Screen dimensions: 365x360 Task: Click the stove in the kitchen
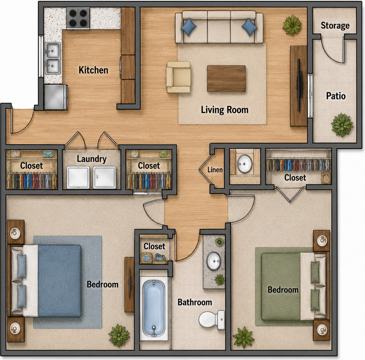(x=78, y=18)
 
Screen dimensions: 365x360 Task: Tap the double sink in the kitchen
(x=53, y=59)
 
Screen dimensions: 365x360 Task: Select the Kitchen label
(x=93, y=70)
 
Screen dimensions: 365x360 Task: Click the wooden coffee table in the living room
(x=226, y=78)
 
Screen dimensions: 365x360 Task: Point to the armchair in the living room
(x=178, y=77)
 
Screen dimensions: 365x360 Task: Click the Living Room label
(x=225, y=110)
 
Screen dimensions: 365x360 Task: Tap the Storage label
(x=335, y=25)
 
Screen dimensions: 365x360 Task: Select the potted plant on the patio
(x=342, y=125)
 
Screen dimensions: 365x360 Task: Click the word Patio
(x=336, y=96)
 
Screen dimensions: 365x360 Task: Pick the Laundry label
(x=91, y=159)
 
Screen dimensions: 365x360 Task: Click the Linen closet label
(x=215, y=170)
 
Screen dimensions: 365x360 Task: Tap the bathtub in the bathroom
(x=154, y=307)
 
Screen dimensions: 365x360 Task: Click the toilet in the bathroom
(x=212, y=319)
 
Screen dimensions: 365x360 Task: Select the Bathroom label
(x=195, y=302)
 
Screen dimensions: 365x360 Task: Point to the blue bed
(x=47, y=281)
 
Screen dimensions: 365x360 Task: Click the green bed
(x=293, y=287)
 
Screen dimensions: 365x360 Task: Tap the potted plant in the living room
(x=292, y=25)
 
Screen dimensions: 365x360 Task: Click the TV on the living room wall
(x=300, y=86)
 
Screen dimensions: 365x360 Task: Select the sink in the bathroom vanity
(x=214, y=261)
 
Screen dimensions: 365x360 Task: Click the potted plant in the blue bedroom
(x=119, y=335)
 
